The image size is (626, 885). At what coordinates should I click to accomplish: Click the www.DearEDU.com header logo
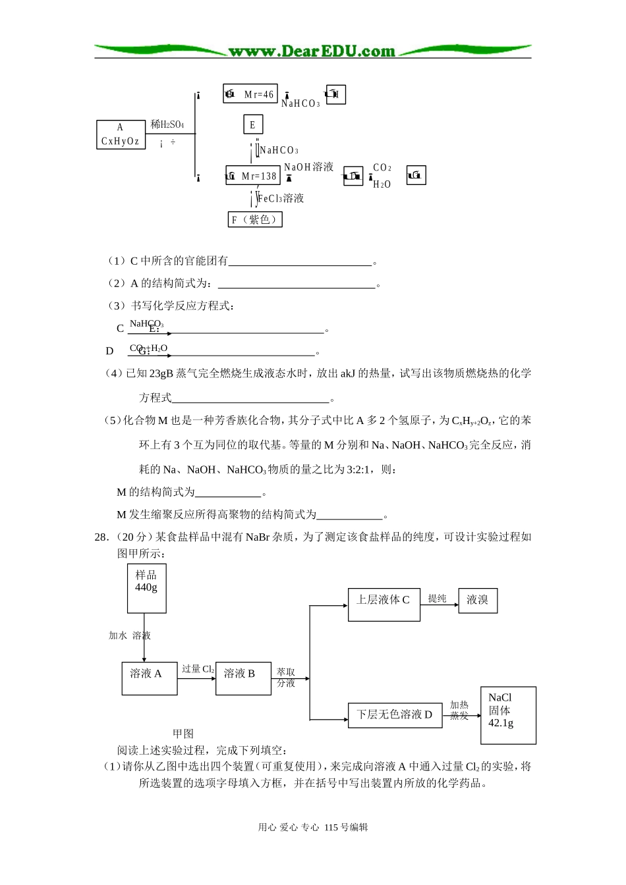click(312, 51)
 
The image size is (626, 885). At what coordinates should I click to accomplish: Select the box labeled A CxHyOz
click(120, 134)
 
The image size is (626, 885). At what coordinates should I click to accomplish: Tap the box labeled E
click(252, 124)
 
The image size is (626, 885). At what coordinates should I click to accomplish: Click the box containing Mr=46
click(250, 94)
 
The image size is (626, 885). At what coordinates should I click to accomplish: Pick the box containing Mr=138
click(253, 176)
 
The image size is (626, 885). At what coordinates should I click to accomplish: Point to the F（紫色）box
click(255, 219)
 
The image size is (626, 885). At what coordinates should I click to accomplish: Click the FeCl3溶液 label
click(281, 198)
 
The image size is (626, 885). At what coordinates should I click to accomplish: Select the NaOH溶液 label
click(308, 167)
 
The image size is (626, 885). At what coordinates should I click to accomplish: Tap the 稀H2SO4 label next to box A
click(167, 124)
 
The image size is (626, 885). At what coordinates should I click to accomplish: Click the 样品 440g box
click(146, 588)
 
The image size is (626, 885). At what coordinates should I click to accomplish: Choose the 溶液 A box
click(149, 678)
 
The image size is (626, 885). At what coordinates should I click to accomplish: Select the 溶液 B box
click(242, 678)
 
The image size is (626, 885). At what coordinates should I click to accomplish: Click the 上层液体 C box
click(384, 604)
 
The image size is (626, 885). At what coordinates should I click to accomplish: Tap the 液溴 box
click(478, 600)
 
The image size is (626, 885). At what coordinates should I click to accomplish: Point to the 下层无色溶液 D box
click(395, 714)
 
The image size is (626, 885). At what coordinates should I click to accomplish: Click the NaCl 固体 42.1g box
click(508, 715)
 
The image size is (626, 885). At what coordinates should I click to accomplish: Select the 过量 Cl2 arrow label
click(198, 669)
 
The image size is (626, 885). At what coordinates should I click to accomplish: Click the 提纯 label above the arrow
click(438, 598)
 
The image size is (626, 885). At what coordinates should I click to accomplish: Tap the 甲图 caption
click(183, 734)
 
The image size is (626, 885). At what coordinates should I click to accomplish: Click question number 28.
click(101, 537)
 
